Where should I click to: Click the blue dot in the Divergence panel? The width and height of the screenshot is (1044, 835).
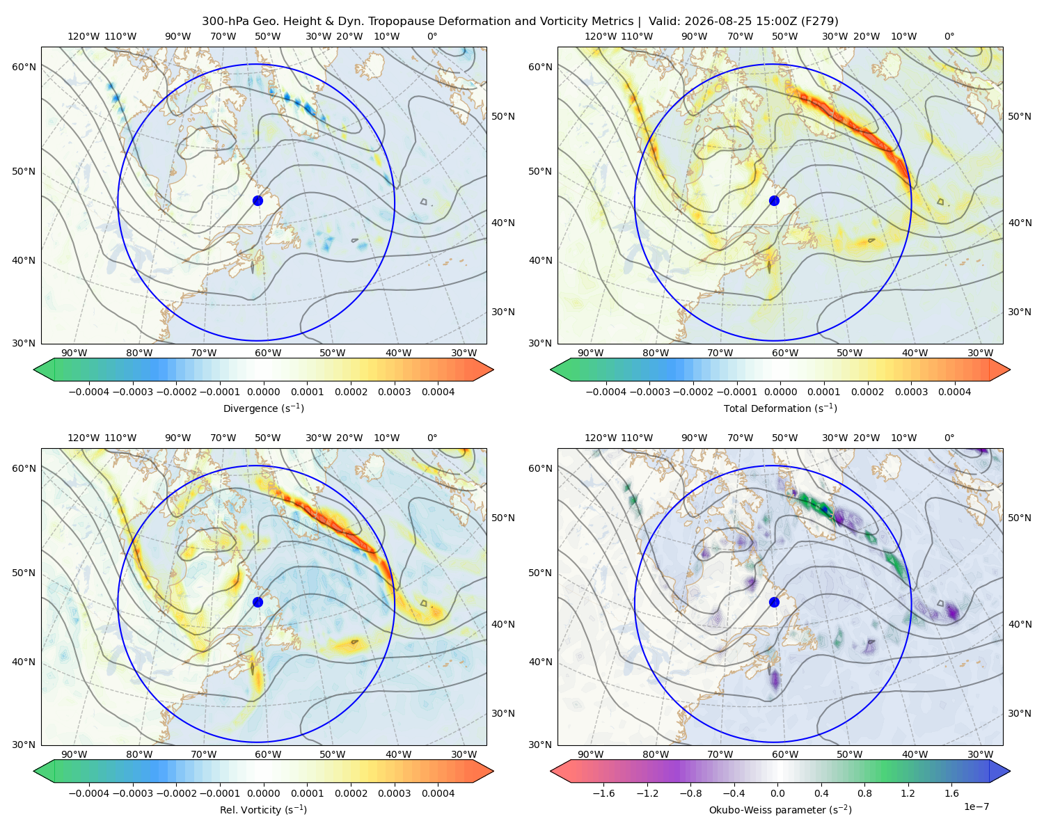click(x=258, y=200)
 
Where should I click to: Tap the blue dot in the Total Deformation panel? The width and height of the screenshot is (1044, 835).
click(x=774, y=200)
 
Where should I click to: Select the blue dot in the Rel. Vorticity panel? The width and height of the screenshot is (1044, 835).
click(x=258, y=602)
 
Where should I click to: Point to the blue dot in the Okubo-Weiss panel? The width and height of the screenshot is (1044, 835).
click(x=774, y=602)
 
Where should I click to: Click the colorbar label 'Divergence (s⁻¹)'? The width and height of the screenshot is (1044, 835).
click(x=263, y=408)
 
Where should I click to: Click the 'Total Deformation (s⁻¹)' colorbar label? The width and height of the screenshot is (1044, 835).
click(x=780, y=408)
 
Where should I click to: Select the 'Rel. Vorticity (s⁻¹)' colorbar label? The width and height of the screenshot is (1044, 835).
click(x=263, y=810)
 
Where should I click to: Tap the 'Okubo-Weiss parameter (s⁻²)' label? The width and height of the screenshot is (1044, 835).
click(x=780, y=810)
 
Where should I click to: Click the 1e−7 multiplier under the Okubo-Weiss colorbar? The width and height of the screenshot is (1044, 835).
click(x=976, y=806)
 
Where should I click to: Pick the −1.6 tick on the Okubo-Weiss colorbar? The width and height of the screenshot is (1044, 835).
click(x=603, y=793)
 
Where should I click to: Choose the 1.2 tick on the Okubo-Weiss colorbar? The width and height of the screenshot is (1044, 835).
click(x=908, y=793)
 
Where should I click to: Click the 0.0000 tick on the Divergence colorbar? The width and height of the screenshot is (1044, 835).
click(x=263, y=392)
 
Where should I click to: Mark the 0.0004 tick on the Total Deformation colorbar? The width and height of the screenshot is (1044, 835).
click(x=954, y=392)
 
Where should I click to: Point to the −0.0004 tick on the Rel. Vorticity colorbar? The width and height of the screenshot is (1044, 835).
click(x=89, y=793)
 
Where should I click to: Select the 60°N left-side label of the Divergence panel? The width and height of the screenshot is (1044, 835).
click(x=24, y=67)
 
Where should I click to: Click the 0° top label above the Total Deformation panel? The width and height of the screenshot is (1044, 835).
click(x=949, y=36)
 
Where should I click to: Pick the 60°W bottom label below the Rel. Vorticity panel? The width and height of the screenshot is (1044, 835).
click(x=268, y=754)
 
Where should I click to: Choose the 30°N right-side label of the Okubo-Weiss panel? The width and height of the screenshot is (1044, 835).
click(x=1020, y=713)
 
